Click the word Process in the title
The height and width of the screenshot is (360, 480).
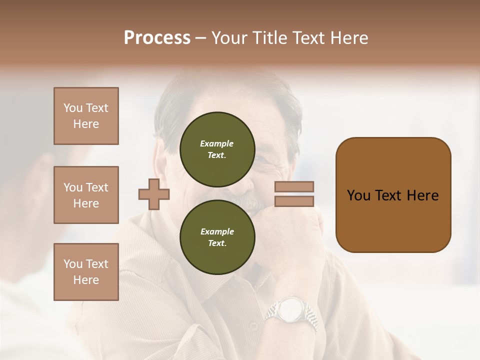click(157, 37)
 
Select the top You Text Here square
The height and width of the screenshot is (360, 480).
click(86, 116)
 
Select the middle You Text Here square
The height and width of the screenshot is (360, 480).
click(86, 195)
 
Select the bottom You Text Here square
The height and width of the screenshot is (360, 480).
click(86, 272)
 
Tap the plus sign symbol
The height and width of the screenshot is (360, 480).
click(154, 194)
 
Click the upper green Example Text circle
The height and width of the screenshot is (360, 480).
click(217, 149)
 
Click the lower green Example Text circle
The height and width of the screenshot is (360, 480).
click(217, 237)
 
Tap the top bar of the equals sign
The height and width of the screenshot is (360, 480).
click(294, 186)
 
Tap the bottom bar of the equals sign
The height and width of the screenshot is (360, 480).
click(294, 201)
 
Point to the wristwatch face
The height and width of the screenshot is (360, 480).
click(289, 310)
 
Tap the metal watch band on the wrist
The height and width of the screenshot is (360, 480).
click(310, 319)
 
